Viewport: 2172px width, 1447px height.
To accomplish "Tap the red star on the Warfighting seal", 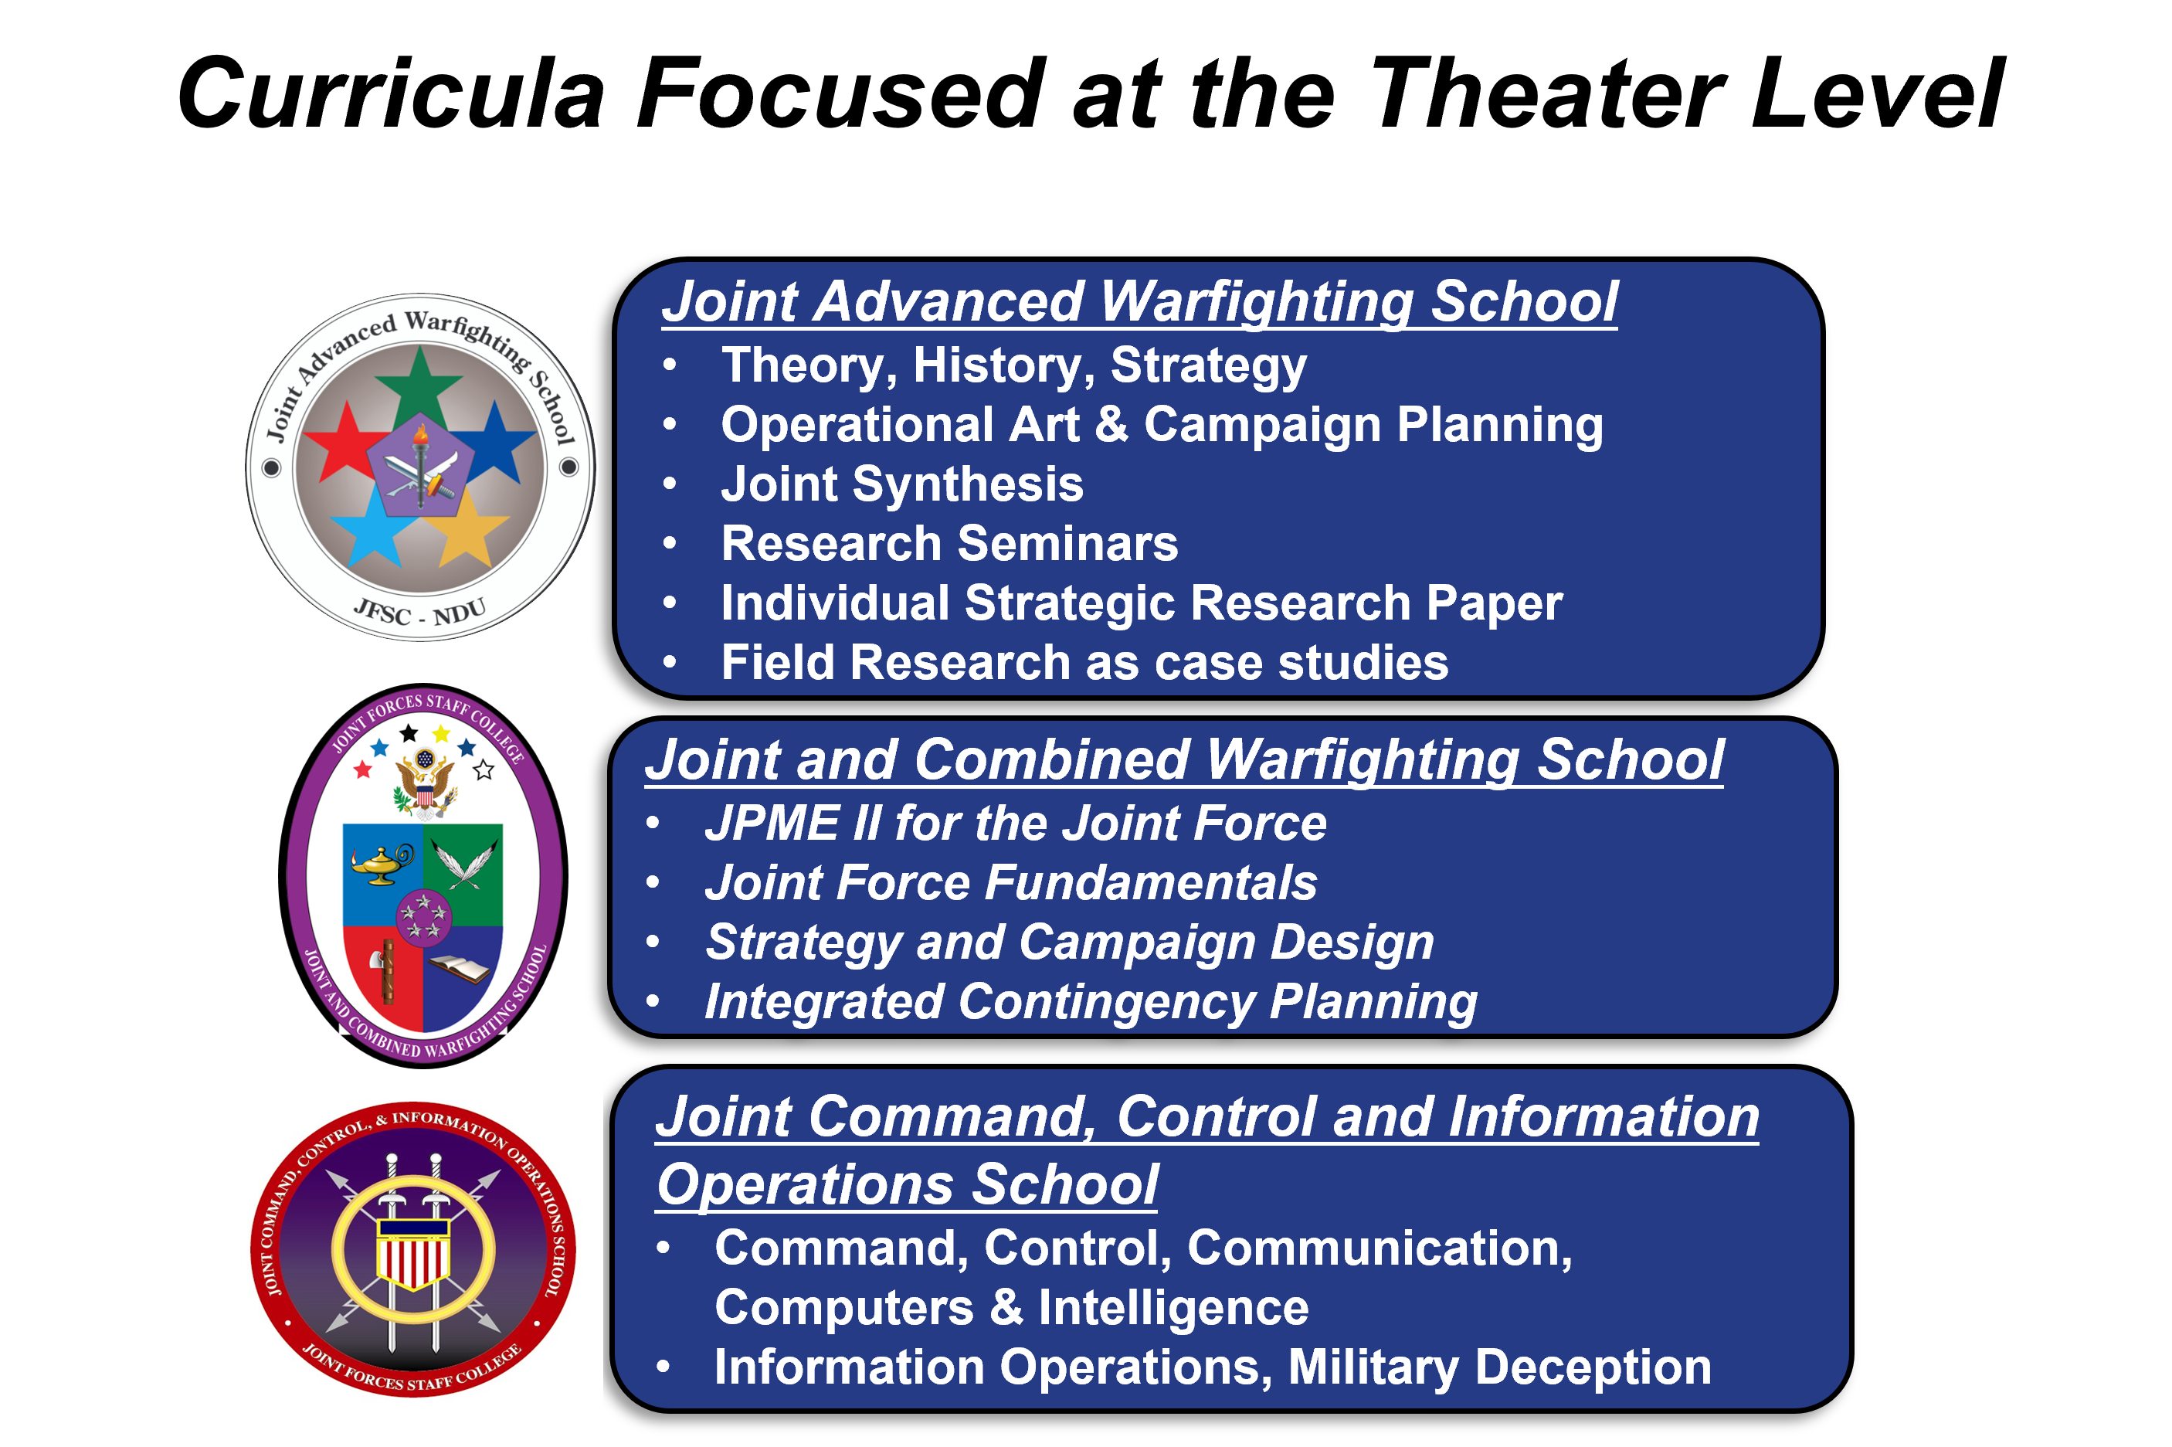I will (345, 443).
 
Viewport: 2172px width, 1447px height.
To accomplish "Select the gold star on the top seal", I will (469, 528).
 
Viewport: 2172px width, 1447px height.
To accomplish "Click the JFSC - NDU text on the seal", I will (420, 612).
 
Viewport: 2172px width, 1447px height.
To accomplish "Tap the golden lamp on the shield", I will (381, 864).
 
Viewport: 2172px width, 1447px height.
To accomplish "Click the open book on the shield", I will (460, 969).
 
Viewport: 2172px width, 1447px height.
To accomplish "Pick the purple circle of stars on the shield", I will (423, 916).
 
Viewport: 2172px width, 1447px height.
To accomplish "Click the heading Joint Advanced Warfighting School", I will (1139, 302).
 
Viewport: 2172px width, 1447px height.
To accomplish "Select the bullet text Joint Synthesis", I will (901, 484).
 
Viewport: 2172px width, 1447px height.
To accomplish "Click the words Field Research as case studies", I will (1084, 663).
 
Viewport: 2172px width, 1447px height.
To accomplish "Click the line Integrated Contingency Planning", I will (1091, 1002).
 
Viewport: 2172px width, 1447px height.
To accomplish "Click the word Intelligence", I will (1173, 1308).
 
